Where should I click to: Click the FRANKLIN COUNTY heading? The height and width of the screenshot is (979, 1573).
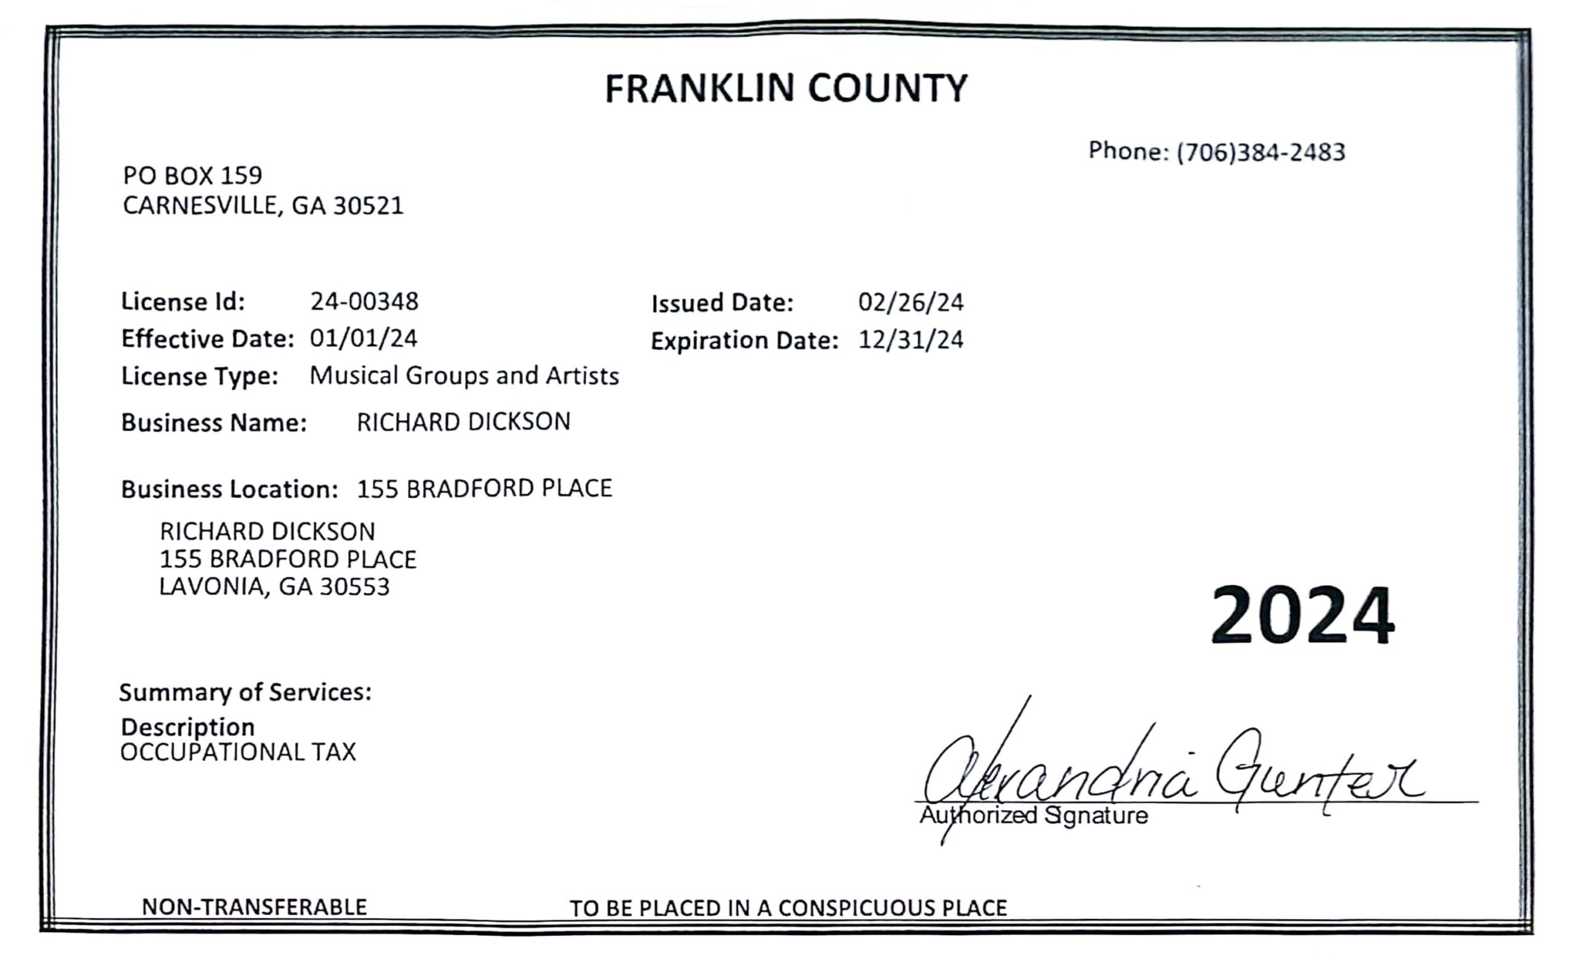(x=786, y=88)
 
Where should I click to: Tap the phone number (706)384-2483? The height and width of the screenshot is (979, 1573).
(x=1260, y=152)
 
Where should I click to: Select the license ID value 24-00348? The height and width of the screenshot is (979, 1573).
(x=364, y=301)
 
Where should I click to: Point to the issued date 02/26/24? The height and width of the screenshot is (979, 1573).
(x=911, y=302)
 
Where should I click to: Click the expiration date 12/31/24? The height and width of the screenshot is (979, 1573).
(x=911, y=340)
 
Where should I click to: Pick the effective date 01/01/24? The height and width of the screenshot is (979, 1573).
(x=363, y=338)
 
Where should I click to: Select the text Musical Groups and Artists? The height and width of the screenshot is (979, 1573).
(x=464, y=375)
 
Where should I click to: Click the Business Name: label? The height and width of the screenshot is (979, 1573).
(x=214, y=423)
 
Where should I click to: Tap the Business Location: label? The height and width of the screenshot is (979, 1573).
(x=229, y=489)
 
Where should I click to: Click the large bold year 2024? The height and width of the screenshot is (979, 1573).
(x=1303, y=615)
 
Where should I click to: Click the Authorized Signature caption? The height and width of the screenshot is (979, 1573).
(x=1034, y=815)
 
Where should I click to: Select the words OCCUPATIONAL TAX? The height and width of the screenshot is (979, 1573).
(x=238, y=752)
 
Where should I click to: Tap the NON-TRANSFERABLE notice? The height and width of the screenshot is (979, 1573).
(x=254, y=907)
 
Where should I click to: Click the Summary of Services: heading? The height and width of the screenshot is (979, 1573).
(x=245, y=693)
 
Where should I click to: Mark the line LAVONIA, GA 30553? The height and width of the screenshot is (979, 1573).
(x=275, y=587)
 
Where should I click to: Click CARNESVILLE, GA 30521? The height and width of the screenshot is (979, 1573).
(x=263, y=206)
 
